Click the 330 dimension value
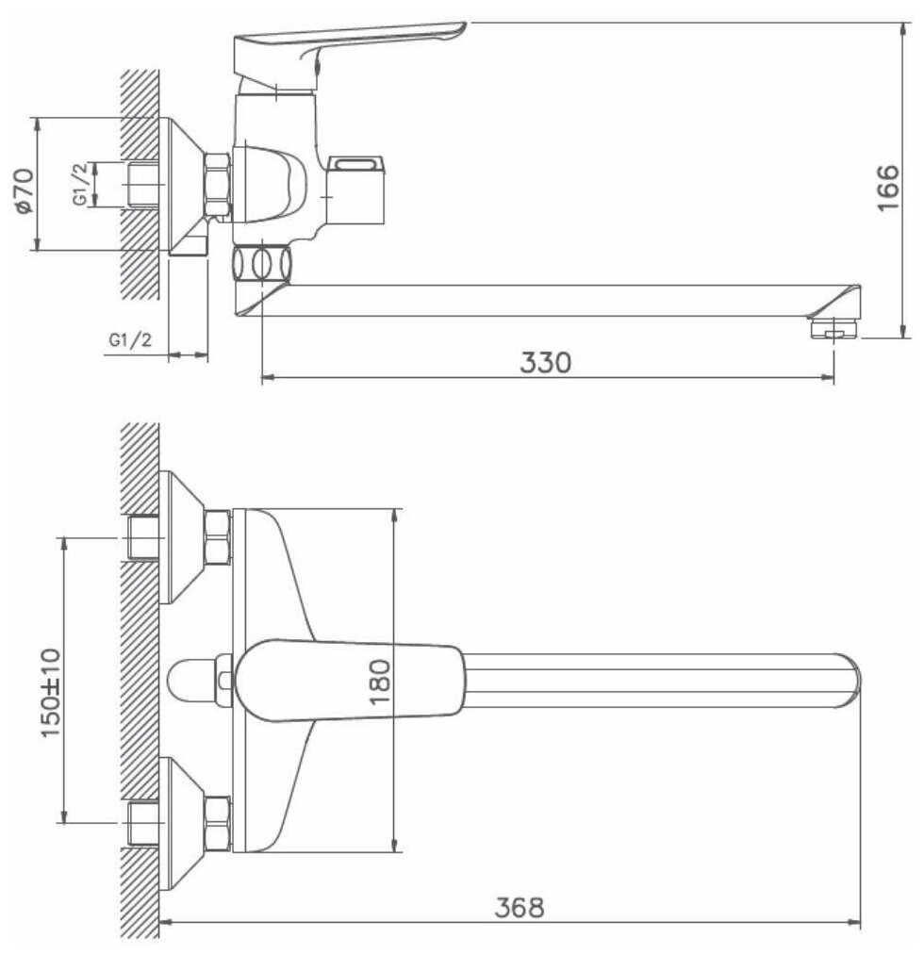(x=546, y=363)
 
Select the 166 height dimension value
(x=887, y=188)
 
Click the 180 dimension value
(x=378, y=682)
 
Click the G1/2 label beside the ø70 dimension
(x=82, y=184)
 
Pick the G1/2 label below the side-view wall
(x=129, y=340)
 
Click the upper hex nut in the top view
(x=217, y=536)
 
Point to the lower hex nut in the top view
(x=217, y=824)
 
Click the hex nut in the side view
(x=219, y=185)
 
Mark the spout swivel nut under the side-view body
(x=261, y=262)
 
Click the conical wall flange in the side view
(x=185, y=185)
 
